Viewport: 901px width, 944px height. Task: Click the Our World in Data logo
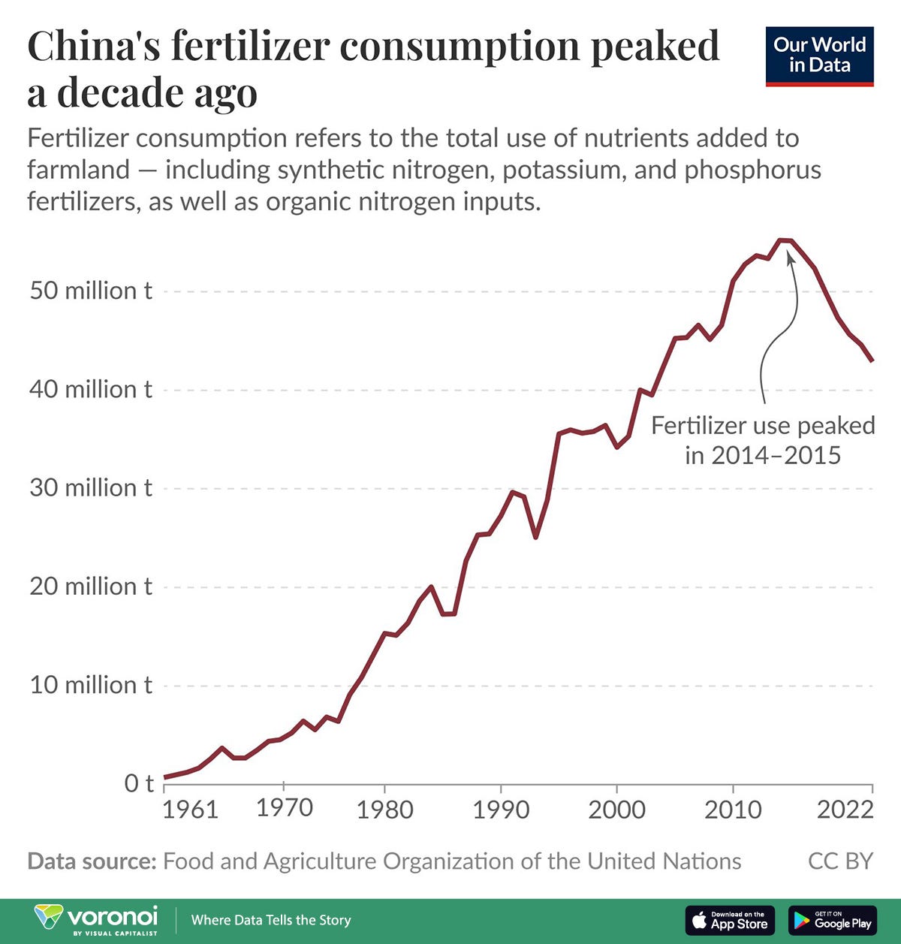[819, 56]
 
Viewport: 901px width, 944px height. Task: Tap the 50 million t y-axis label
[90, 291]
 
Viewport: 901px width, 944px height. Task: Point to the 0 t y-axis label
[138, 783]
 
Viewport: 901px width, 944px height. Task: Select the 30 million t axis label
[90, 488]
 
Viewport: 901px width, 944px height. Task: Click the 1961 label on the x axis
[190, 809]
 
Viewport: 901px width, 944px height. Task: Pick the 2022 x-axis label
[845, 809]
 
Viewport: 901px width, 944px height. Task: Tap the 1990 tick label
[501, 809]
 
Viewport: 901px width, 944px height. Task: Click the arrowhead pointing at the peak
[790, 257]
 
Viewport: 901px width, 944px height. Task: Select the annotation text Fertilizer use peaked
[762, 426]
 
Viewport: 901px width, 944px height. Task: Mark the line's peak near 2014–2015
[785, 240]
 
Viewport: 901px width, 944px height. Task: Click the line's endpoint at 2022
[872, 360]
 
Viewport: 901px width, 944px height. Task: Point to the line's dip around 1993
[535, 536]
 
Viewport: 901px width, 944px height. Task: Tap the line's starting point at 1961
[165, 777]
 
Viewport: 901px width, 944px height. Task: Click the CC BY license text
[840, 861]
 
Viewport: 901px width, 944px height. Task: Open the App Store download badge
[729, 920]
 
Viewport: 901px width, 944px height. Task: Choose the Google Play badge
[832, 920]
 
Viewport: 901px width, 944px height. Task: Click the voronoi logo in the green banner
[97, 919]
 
